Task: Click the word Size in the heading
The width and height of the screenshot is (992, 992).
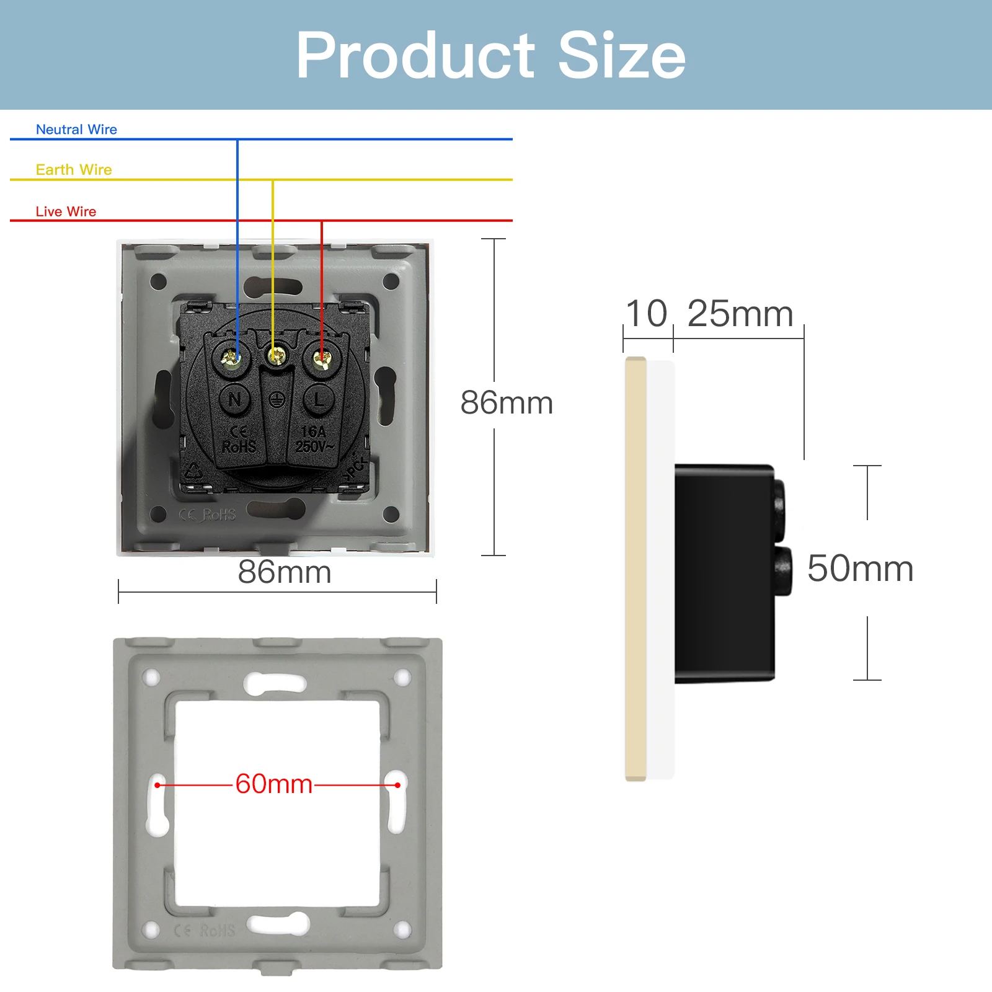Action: coord(621,56)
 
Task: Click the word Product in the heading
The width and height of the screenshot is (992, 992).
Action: coord(415,56)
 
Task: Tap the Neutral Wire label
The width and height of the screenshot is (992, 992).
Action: coord(76,130)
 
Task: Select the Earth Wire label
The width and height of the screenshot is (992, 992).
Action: coord(74,170)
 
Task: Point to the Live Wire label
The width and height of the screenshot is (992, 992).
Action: coord(66,211)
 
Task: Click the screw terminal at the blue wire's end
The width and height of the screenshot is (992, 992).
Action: coord(231,358)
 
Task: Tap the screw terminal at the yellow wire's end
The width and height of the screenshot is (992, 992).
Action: coord(276,356)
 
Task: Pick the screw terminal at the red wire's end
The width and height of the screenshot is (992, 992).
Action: coord(321,358)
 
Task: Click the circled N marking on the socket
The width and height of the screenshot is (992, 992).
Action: coord(235,400)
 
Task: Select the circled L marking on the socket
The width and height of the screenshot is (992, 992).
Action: coord(319,399)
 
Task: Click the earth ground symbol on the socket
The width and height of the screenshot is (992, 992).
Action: coord(277,400)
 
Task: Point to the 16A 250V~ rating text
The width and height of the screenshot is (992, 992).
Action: coord(314,439)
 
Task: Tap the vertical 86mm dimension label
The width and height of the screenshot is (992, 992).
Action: coord(507,403)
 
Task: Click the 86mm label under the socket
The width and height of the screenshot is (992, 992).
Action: coord(285,572)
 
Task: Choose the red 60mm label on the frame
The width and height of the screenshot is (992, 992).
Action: coord(274,784)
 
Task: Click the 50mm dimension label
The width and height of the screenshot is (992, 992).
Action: coord(860,569)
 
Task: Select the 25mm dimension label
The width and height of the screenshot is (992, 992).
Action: coord(740,314)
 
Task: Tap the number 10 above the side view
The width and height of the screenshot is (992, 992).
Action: coord(646,314)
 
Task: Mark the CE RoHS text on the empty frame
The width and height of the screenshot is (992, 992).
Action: coord(205,931)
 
